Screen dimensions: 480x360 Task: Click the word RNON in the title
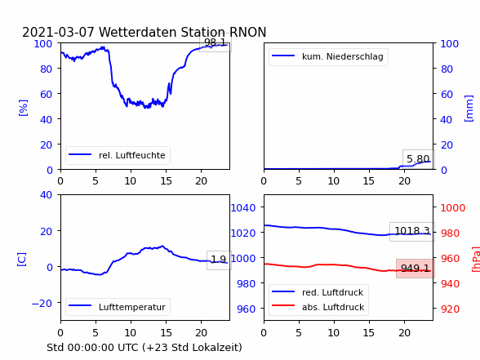click(x=247, y=32)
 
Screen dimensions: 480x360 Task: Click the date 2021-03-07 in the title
click(x=58, y=32)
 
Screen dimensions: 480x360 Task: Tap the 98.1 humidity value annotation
click(x=215, y=42)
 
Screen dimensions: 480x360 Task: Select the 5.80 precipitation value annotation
click(x=418, y=159)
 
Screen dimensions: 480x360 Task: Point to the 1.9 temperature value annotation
click(x=219, y=260)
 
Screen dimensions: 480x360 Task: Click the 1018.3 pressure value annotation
click(x=412, y=230)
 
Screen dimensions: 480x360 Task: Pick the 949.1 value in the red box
click(x=415, y=268)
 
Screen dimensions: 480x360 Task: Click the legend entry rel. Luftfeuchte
click(x=132, y=155)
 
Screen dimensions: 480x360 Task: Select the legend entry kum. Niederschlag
click(x=343, y=56)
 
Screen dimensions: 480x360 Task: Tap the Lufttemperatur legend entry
click(x=132, y=307)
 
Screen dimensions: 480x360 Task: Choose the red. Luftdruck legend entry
click(x=333, y=292)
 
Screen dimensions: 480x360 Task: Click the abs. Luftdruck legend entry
click(x=333, y=307)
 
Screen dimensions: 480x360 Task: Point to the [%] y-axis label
click(x=23, y=108)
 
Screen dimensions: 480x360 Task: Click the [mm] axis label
click(x=469, y=109)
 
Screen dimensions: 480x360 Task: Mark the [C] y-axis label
click(x=22, y=260)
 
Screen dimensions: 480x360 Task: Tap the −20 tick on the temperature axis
click(x=42, y=303)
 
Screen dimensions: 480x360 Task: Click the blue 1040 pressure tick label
click(x=243, y=208)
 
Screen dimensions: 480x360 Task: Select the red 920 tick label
click(x=450, y=309)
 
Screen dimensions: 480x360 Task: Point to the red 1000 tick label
click(x=453, y=208)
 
